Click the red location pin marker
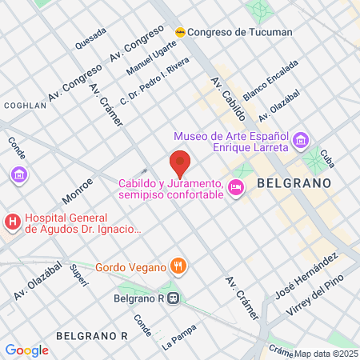tap(181, 163)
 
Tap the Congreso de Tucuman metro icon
tap(182, 32)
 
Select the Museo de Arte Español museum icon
tap(301, 142)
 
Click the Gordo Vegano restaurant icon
tap(181, 266)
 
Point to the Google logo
tap(26, 350)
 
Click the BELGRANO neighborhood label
tap(294, 183)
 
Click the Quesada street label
tap(90, 37)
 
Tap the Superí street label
tap(78, 274)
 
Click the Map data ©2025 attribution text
tap(326, 354)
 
